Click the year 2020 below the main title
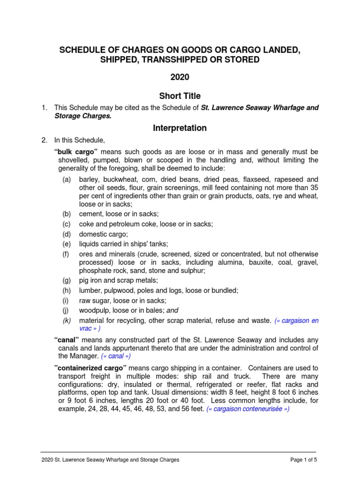click(x=180, y=77)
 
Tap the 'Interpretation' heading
click(x=180, y=127)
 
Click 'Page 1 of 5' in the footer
click(x=304, y=460)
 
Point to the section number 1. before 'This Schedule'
click(x=44, y=108)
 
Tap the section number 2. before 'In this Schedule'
click(x=44, y=140)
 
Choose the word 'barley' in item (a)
click(x=89, y=180)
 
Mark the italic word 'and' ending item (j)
click(x=172, y=310)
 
